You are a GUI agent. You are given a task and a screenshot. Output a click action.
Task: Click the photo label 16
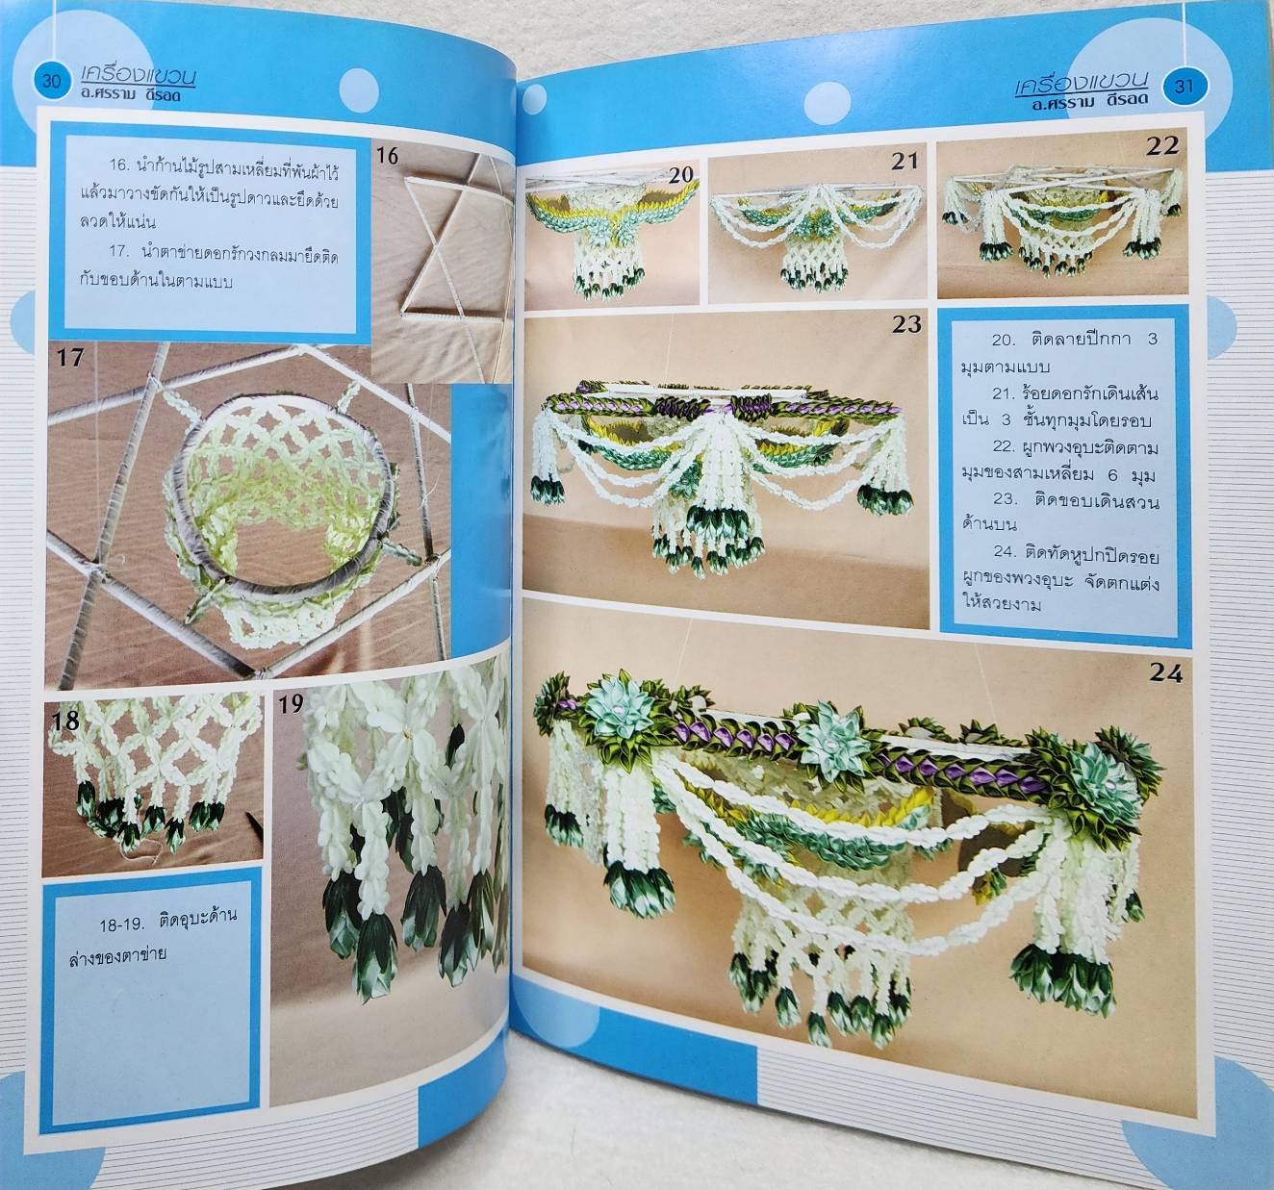387,156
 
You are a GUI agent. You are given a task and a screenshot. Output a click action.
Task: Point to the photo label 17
70,358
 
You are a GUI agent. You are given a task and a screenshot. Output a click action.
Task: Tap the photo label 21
905,162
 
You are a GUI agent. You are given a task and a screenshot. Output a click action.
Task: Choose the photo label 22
1163,147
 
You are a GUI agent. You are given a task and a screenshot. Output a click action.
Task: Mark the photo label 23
906,324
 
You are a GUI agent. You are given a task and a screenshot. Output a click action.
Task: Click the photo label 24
1165,673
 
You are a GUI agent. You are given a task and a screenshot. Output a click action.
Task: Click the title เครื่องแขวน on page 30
139,76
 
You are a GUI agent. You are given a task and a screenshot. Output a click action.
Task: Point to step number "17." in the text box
118,252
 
